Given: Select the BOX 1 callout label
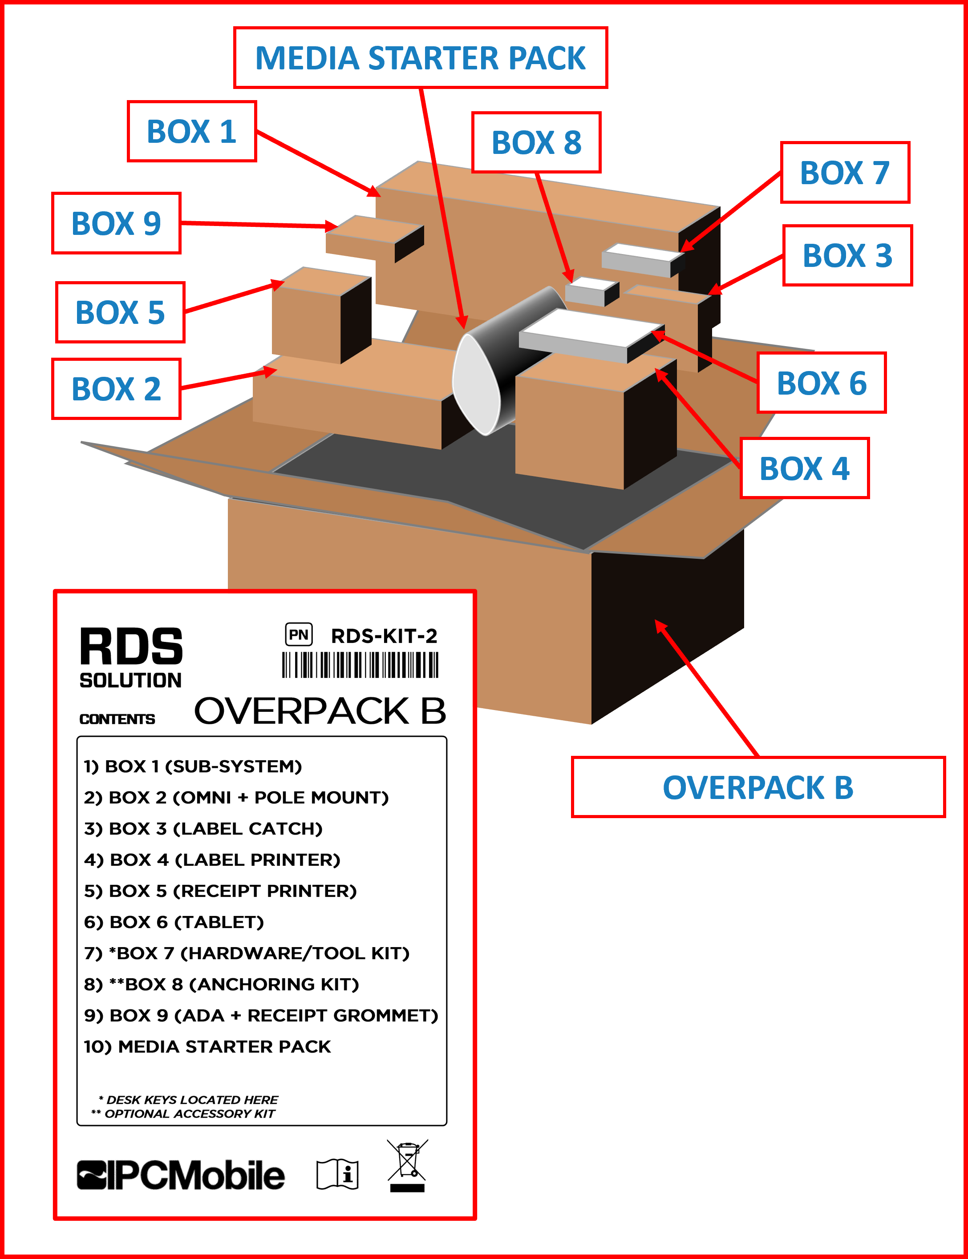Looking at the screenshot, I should (191, 131).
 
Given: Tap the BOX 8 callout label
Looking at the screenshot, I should (536, 142).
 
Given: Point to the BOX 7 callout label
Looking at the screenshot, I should (844, 172).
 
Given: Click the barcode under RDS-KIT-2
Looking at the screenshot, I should (360, 665).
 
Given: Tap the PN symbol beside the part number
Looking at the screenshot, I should (299, 635).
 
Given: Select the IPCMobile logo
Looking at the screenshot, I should (181, 1175).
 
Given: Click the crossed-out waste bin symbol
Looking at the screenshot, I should (407, 1165).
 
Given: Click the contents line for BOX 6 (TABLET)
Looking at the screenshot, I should (174, 922).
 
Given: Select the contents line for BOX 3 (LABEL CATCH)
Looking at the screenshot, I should (203, 829).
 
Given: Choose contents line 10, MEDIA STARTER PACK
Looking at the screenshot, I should (207, 1046).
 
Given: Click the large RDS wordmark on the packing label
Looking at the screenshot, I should (131, 647).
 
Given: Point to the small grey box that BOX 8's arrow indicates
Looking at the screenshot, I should (590, 291).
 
